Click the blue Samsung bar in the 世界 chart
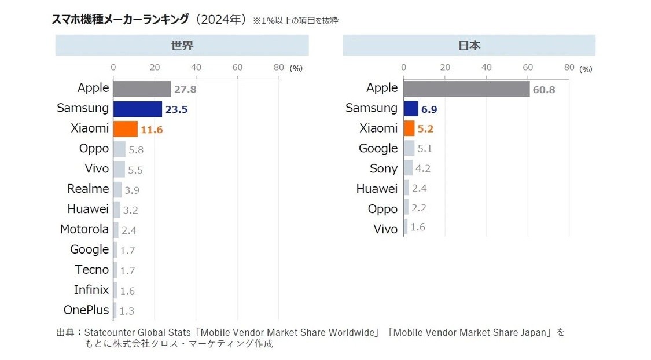[x=137, y=109]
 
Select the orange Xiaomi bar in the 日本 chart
[x=409, y=128]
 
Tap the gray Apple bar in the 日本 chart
[x=466, y=89]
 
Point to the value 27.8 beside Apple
[x=185, y=90]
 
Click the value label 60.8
[x=544, y=90]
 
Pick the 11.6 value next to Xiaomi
[x=152, y=130]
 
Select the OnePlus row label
[x=86, y=310]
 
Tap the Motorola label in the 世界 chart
[x=84, y=229]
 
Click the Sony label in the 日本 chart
[x=384, y=169]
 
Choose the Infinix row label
[x=91, y=290]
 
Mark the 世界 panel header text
[x=182, y=45]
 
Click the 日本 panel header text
[x=469, y=45]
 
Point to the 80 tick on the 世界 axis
[x=279, y=67]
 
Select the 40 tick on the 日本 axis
[x=486, y=67]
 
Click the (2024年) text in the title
[x=220, y=20]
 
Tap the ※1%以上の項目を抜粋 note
[x=295, y=21]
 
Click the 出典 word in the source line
[x=65, y=333]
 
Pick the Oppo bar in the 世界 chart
[x=119, y=149]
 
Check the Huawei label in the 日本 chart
[x=377, y=189]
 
